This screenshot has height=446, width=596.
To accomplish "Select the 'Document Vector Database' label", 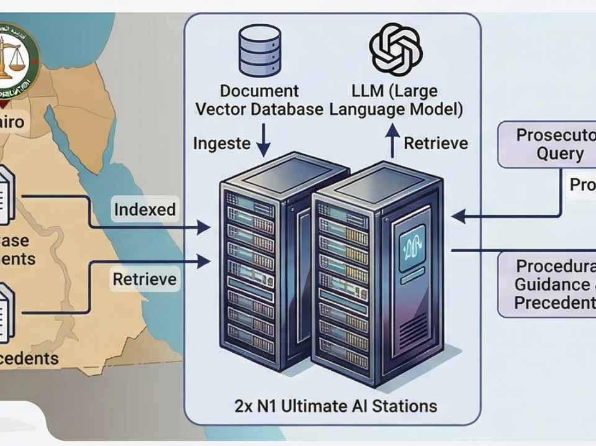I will pyautogui.click(x=260, y=99).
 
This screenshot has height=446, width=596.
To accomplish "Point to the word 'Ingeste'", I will pyautogui.click(x=222, y=144).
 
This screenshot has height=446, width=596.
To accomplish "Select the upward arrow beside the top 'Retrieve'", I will pyautogui.click(x=392, y=141).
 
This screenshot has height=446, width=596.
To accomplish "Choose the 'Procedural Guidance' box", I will pyautogui.click(x=549, y=285).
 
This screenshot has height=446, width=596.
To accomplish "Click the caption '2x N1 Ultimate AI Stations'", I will pyautogui.click(x=336, y=407).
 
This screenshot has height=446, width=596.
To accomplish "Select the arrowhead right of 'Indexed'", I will pyautogui.click(x=204, y=228).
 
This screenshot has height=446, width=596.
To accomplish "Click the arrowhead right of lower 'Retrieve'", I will pyautogui.click(x=204, y=262).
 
